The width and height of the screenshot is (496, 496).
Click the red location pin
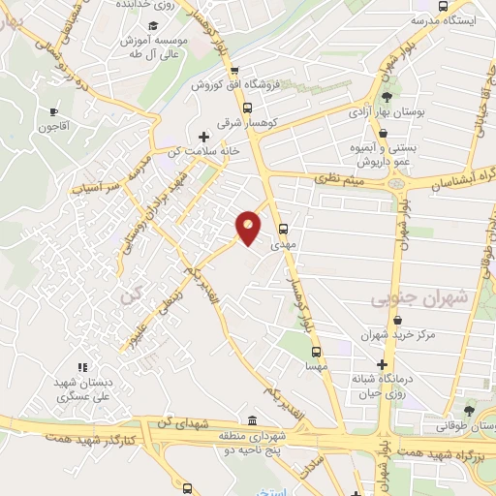pos(249,228)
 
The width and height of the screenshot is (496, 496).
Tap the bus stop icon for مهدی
pos(283,230)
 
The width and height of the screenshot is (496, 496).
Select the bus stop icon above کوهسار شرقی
pos(247,108)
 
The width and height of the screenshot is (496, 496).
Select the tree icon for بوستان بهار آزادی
pos(387,97)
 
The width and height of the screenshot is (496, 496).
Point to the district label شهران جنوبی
pos(419,299)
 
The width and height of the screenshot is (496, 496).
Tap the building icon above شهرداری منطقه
pos(252,420)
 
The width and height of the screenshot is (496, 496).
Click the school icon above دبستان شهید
pos(82,367)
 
